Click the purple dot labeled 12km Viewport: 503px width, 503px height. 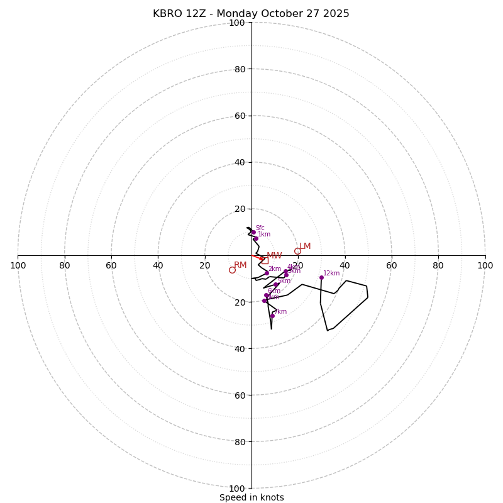(321, 277)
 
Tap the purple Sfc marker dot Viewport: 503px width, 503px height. (253, 232)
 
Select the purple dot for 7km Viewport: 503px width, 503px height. (272, 316)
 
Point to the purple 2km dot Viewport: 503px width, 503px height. (267, 273)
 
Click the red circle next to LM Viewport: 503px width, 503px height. (297, 251)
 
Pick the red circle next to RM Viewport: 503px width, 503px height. (232, 270)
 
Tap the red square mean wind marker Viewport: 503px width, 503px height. (265, 260)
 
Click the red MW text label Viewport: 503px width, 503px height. (274, 256)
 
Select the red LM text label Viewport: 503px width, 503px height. (305, 246)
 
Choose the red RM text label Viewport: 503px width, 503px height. (240, 265)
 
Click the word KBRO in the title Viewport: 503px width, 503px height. (167, 14)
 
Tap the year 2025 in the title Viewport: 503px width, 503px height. (336, 14)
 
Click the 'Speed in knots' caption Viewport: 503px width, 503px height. (251, 497)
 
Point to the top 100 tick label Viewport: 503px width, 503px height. (237, 23)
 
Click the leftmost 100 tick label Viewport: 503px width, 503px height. (18, 265)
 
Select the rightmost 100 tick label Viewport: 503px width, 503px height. (485, 265)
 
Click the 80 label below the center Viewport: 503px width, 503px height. (240, 442)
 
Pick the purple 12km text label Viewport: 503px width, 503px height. (331, 274)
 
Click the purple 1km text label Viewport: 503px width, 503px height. (264, 235)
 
